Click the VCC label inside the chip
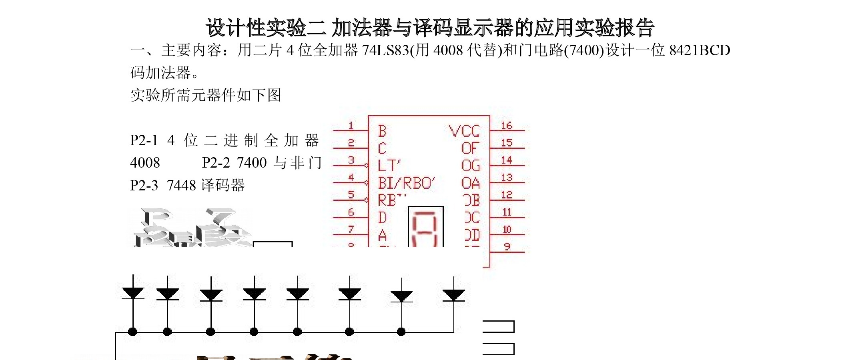(x=464, y=131)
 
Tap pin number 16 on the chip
(x=507, y=126)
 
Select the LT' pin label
(x=389, y=165)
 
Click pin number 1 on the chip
(x=351, y=126)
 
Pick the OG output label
(x=470, y=165)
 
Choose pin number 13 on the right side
(x=507, y=177)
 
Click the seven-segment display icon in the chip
(x=426, y=226)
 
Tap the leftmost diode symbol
(x=133, y=293)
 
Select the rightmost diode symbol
(x=453, y=295)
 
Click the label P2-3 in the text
(x=144, y=185)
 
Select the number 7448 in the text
(x=181, y=185)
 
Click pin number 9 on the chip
(x=507, y=246)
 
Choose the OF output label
(x=470, y=148)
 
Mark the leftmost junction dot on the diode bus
(x=132, y=332)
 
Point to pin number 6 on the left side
(x=351, y=212)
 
